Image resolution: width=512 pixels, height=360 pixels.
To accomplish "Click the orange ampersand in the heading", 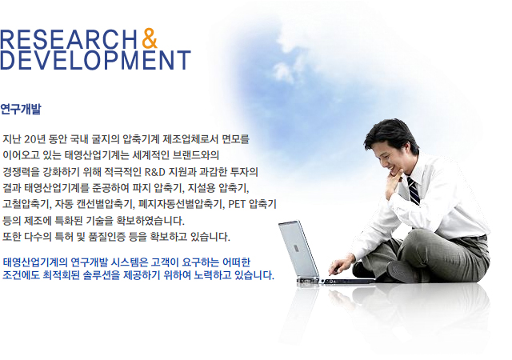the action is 150,38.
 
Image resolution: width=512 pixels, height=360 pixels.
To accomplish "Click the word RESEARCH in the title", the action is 69,39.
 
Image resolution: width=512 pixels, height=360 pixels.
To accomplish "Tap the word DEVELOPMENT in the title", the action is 95,60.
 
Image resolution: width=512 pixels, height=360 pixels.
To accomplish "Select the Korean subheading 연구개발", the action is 21,109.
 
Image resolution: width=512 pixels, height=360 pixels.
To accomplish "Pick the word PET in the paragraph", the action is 237,204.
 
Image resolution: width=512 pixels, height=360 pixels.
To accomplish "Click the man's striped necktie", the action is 413,190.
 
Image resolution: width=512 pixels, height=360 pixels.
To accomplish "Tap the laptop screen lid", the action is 298,248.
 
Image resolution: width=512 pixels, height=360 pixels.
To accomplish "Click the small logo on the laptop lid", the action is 296,248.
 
